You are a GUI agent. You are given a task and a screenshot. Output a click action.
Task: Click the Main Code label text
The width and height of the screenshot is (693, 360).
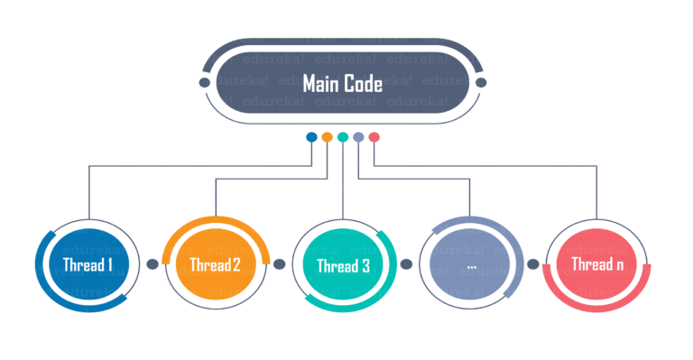pos(343,84)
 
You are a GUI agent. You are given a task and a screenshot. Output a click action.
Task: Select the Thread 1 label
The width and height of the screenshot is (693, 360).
pos(88,265)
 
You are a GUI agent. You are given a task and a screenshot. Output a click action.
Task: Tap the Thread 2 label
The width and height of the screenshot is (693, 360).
pos(215,265)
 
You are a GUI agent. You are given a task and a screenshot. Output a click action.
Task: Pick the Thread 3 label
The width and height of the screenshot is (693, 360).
pos(343,266)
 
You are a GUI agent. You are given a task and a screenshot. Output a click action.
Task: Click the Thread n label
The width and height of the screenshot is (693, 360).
pos(597,265)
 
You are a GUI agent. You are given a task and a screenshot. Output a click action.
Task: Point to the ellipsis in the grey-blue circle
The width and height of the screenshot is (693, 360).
pos(471,266)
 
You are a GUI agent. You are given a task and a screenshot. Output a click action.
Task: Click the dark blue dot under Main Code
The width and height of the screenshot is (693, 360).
pos(311,137)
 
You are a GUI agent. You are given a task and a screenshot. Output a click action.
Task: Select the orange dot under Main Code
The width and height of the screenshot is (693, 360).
pos(328,137)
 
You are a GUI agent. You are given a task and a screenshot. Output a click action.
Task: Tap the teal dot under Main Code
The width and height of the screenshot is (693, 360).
pos(343,137)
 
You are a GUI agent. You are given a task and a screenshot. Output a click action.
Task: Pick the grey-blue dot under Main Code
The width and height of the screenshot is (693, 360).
pos(359,137)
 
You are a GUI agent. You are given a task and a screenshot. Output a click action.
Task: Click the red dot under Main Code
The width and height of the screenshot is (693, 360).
pos(374,137)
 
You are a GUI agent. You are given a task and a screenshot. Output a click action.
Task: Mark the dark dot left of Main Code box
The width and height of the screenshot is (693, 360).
pos(205,83)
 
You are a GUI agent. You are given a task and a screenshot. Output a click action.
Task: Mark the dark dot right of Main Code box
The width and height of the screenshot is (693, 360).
pos(481,83)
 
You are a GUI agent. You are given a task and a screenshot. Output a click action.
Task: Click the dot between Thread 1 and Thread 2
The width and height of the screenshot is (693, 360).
pos(152,264)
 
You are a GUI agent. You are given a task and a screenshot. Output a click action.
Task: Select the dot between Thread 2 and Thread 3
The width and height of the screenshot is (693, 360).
pos(279,264)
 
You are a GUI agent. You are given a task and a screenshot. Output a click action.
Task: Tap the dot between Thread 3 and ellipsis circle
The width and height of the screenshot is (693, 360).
pos(406,264)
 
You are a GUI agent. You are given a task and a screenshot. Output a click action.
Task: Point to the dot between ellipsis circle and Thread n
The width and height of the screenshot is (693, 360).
pos(533,264)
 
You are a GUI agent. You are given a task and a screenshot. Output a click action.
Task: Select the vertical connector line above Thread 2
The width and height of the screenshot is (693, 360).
pos(216,198)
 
